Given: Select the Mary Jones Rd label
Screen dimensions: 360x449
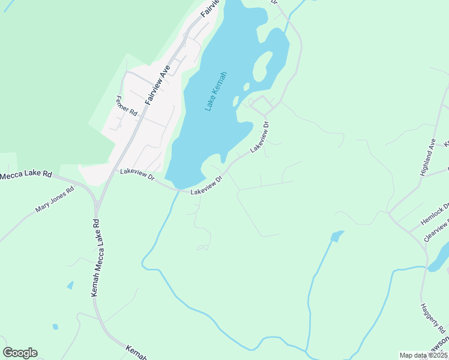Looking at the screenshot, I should (54, 200).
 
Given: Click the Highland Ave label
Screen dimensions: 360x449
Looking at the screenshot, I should (428, 157).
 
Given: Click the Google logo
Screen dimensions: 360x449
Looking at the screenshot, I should (20, 353).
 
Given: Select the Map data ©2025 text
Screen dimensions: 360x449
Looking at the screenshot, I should (423, 355).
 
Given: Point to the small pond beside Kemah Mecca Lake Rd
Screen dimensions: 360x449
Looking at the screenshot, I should (70, 285).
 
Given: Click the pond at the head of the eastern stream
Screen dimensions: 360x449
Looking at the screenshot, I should (337, 236).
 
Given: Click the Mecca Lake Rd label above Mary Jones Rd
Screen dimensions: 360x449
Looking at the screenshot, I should (25, 175).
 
